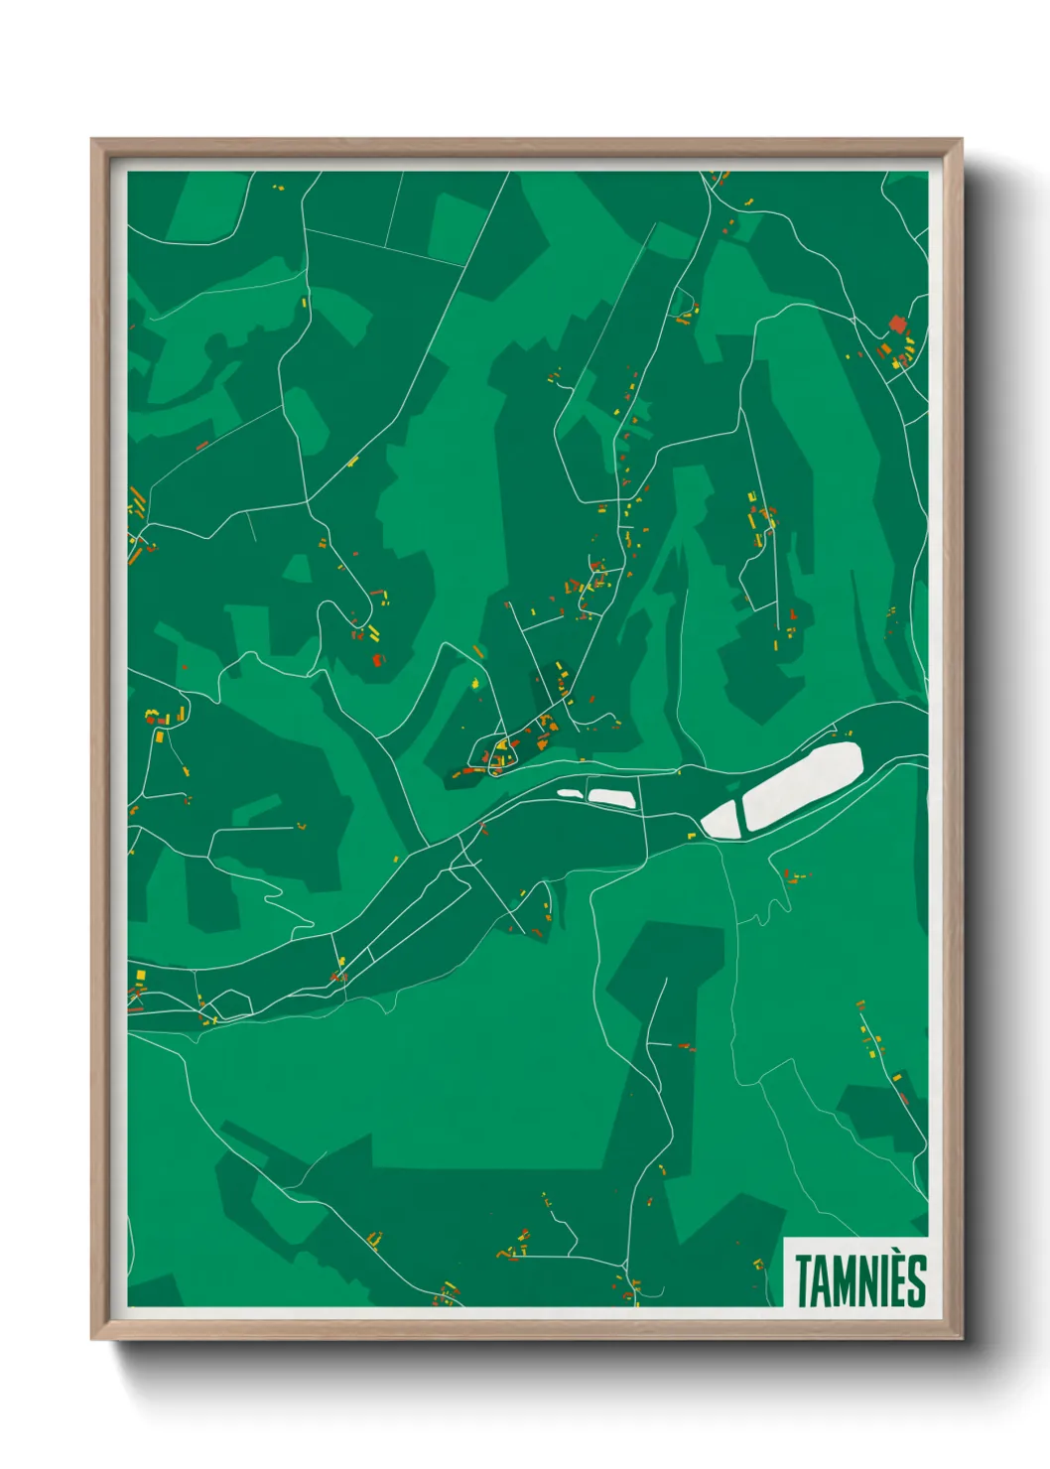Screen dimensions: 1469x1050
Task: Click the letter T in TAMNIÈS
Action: [803, 1280]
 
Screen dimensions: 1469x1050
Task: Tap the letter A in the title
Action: [823, 1281]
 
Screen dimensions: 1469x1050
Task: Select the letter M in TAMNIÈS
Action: [847, 1281]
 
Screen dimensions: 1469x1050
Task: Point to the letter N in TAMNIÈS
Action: [872, 1281]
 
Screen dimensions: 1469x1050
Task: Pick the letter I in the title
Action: [890, 1281]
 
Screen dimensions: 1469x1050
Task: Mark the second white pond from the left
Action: [610, 796]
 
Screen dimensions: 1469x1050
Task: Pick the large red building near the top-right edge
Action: [898, 324]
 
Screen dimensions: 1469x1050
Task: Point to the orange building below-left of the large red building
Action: [882, 349]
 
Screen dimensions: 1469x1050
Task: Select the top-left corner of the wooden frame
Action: [93, 141]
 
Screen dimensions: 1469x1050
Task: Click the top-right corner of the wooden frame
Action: [960, 141]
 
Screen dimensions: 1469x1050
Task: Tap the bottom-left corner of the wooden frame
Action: [93, 1337]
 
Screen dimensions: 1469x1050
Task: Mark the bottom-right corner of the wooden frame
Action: [960, 1337]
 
